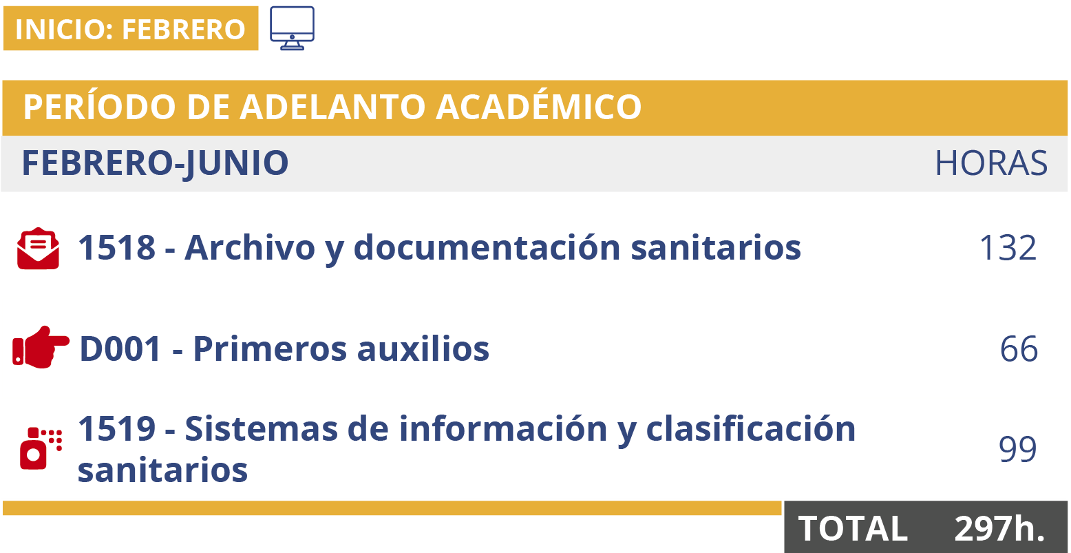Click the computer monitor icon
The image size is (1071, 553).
pos(292,28)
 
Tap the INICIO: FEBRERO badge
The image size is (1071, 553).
pos(130,29)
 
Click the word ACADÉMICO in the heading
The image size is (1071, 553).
pos(539,107)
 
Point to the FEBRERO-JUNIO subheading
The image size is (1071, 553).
pos(155,163)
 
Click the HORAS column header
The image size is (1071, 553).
pos(990,164)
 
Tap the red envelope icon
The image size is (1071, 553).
pos(38,249)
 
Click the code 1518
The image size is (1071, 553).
pos(116,247)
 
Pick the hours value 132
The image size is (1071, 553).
pos(1008,248)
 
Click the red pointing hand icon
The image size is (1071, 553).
pos(41,347)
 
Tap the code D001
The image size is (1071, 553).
pos(120,348)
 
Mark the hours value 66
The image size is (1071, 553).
pos(1019,349)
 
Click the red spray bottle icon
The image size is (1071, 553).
pos(40,448)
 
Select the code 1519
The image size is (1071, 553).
pos(116,428)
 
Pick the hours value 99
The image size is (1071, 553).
pos(1017,449)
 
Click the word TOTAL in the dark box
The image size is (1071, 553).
pos(853,528)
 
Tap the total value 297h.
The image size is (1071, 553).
pos(999,528)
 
